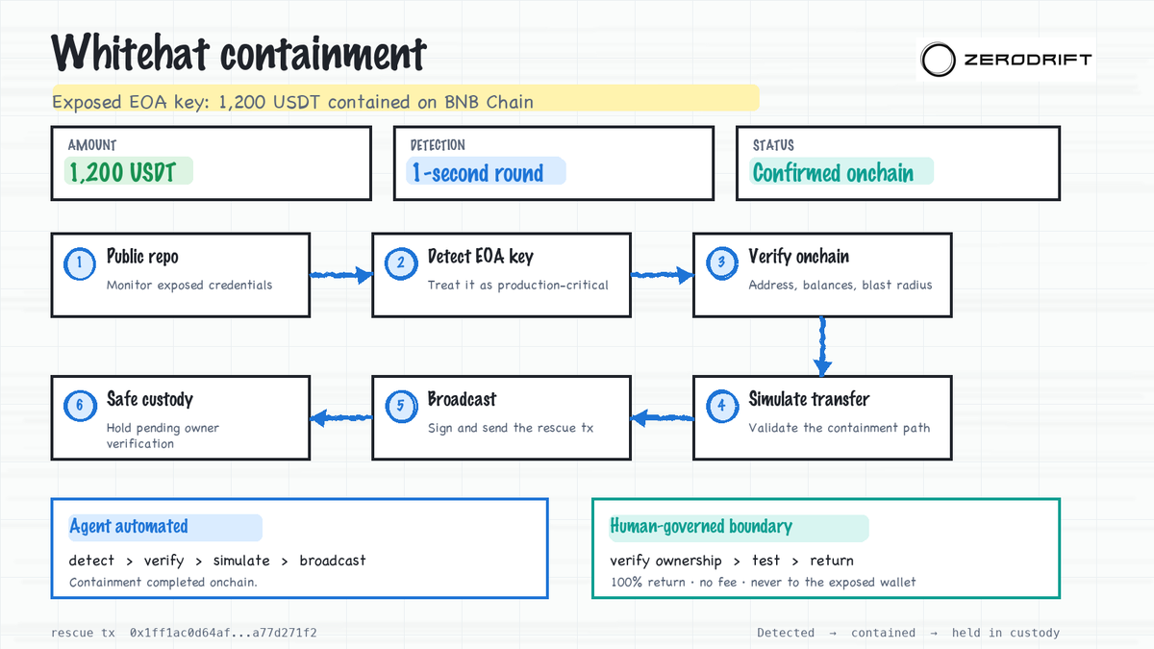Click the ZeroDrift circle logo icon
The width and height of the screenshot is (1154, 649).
point(938,60)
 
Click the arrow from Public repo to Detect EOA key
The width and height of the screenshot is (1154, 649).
point(341,275)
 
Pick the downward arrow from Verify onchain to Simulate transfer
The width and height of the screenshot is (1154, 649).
point(822,346)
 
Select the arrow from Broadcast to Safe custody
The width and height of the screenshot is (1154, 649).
point(341,417)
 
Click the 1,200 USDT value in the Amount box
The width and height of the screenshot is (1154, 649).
point(123,172)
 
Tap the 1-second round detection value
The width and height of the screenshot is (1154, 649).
point(478,173)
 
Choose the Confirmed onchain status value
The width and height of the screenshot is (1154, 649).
point(833,173)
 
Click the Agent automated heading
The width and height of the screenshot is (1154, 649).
point(129,527)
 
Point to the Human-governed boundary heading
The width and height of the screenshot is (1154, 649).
point(701,527)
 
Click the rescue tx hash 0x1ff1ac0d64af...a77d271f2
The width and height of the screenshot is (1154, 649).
point(223,633)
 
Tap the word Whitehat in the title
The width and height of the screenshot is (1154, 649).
point(131,53)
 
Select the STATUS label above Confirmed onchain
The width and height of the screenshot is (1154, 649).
point(773,145)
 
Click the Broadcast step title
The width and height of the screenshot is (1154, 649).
point(463,399)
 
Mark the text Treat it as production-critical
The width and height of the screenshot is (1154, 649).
point(517,286)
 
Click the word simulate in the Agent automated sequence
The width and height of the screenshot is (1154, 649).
point(241,561)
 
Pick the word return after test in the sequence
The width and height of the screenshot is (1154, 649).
point(832,561)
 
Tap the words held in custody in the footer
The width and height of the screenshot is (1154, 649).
point(1006,633)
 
